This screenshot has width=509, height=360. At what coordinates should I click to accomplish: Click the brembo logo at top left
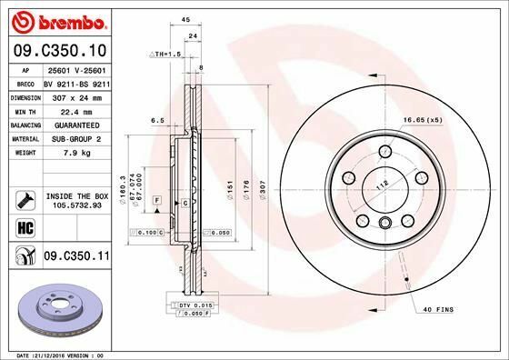(57, 20)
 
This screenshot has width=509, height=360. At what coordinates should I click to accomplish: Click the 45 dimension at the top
(185, 19)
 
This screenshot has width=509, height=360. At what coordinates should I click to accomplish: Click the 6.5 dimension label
(156, 119)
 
